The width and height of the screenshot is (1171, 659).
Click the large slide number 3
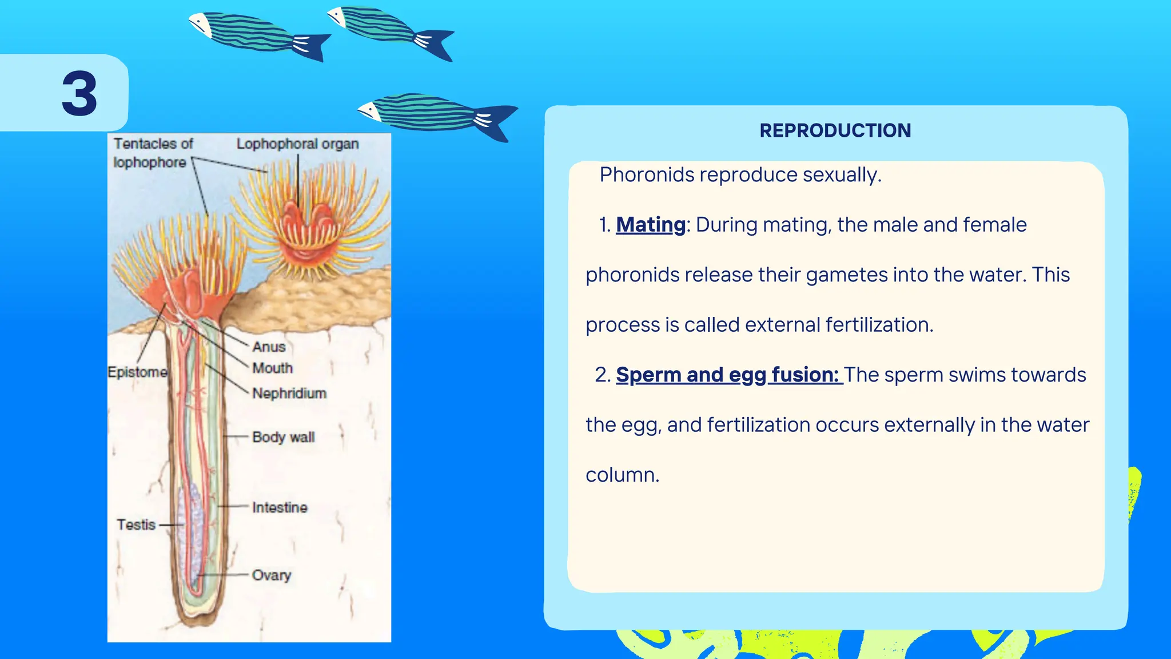click(x=79, y=94)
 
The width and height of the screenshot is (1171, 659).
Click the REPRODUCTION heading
click(x=835, y=130)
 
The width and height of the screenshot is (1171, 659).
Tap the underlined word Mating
click(x=651, y=225)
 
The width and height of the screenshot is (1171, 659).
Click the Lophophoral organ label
click(x=297, y=144)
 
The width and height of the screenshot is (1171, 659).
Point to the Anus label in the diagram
click(x=269, y=347)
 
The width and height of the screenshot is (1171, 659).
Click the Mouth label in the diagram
click(x=272, y=368)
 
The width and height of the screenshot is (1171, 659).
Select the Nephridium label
click(x=289, y=394)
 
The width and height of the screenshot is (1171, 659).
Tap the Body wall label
click(x=283, y=438)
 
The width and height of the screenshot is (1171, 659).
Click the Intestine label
click(x=280, y=508)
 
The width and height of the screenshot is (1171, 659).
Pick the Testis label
click(x=136, y=525)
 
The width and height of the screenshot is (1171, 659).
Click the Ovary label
click(x=272, y=575)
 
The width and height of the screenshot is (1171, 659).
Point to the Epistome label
click(x=137, y=372)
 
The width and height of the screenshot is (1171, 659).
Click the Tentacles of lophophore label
click(x=152, y=153)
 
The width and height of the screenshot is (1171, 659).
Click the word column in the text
click(x=622, y=475)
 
